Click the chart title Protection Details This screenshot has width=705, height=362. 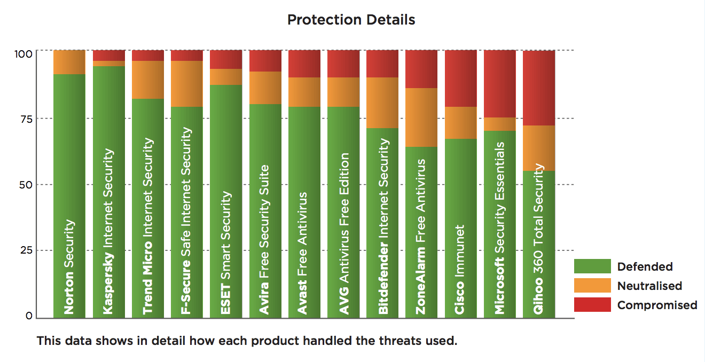pyautogui.click(x=351, y=20)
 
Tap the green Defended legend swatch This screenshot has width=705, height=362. pyautogui.click(x=592, y=266)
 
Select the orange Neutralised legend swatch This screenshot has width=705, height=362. pyautogui.click(x=592, y=286)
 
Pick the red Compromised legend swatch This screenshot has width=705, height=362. pyautogui.click(x=592, y=305)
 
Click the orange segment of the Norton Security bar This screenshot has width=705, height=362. pyautogui.click(x=69, y=62)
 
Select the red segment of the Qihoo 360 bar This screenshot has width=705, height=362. pyautogui.click(x=539, y=88)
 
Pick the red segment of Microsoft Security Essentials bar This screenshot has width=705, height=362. pyautogui.click(x=500, y=84)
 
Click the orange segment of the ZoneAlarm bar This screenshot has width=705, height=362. pyautogui.click(x=421, y=117)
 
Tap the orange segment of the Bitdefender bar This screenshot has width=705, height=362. pyautogui.click(x=382, y=103)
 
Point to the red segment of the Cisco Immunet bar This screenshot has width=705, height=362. pyautogui.click(x=460, y=78)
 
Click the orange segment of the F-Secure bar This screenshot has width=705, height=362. pyautogui.click(x=187, y=84)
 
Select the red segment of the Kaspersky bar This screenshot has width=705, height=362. pyautogui.click(x=109, y=56)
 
